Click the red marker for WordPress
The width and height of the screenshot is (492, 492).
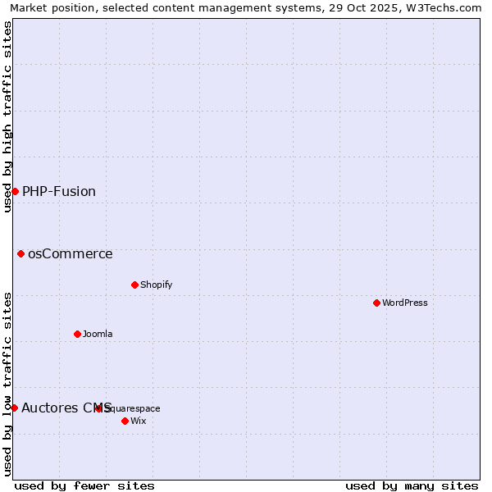[376, 303]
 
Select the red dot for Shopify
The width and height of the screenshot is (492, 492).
[134, 285]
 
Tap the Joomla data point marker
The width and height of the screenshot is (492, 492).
[77, 334]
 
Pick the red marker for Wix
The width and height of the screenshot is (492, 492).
[125, 421]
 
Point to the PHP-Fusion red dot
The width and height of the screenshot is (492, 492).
[15, 191]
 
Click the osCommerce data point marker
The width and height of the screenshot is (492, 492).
[20, 253]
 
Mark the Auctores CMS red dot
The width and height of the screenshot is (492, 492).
[14, 408]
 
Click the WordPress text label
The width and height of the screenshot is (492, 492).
[405, 303]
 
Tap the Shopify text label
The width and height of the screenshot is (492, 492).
[156, 285]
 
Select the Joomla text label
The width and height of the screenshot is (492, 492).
[98, 334]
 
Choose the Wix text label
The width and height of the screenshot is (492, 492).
[138, 421]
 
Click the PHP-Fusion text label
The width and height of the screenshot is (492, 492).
[59, 191]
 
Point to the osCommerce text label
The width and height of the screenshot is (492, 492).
[71, 253]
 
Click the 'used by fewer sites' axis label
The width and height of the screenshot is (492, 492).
[84, 485]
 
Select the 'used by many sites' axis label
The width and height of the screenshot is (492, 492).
[412, 485]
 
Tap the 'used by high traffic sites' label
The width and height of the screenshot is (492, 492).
[7, 116]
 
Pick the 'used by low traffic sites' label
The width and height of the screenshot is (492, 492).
[7, 384]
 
